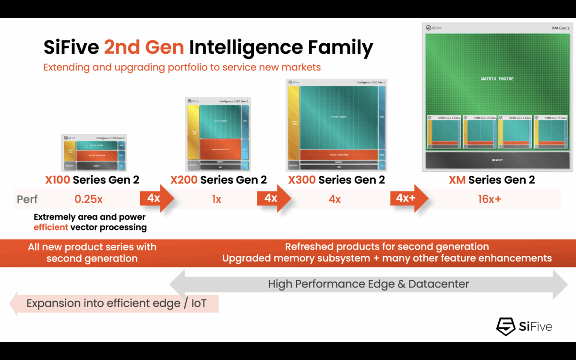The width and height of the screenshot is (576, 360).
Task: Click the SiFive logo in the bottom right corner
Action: [x=524, y=326]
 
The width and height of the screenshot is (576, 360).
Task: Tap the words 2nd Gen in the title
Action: [x=144, y=47]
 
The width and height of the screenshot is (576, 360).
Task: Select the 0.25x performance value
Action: [x=88, y=199]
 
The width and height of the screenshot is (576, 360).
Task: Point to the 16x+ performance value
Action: [x=489, y=199]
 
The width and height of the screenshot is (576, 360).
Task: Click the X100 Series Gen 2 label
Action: [x=92, y=180]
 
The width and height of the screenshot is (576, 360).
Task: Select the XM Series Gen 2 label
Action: [x=492, y=180]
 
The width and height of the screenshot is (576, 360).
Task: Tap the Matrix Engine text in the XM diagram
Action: [x=497, y=79]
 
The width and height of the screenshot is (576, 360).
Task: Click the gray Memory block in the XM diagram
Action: [x=497, y=160]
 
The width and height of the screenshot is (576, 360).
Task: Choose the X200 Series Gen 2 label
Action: [x=218, y=180]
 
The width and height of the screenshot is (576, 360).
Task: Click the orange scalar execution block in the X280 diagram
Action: [x=220, y=149]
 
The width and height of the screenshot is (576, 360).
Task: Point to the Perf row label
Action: [x=27, y=199]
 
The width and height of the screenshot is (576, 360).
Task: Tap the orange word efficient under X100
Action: [x=50, y=227]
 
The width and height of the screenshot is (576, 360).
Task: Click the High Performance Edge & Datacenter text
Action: [x=368, y=284]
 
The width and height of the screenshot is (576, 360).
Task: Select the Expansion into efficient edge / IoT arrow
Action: [x=115, y=303]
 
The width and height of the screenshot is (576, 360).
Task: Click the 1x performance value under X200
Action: [x=216, y=199]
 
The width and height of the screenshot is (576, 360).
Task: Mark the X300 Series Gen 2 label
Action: [x=336, y=180]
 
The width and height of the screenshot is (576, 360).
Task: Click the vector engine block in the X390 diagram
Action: [x=339, y=117]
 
